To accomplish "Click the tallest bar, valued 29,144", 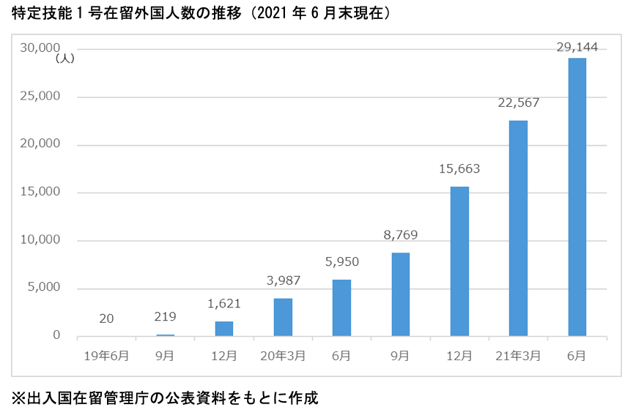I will coord(577,197).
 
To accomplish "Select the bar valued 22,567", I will coord(518,228).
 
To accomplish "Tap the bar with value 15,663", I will coord(459,261).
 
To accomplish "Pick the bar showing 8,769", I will coord(401,294).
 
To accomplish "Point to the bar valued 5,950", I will coord(341,307).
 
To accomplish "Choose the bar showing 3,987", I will coord(283,317).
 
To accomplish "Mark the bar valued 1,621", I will coord(224,329).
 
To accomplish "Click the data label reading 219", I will coord(166,316).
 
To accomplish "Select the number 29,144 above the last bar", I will coord(577,48).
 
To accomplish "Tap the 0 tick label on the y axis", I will coord(56,335).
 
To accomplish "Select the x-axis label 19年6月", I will coord(107,356).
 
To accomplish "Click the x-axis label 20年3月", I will coord(283,356).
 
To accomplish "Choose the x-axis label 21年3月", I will coord(518,356).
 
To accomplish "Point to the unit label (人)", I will coord(64,59).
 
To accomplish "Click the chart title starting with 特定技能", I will coord(195,12).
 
